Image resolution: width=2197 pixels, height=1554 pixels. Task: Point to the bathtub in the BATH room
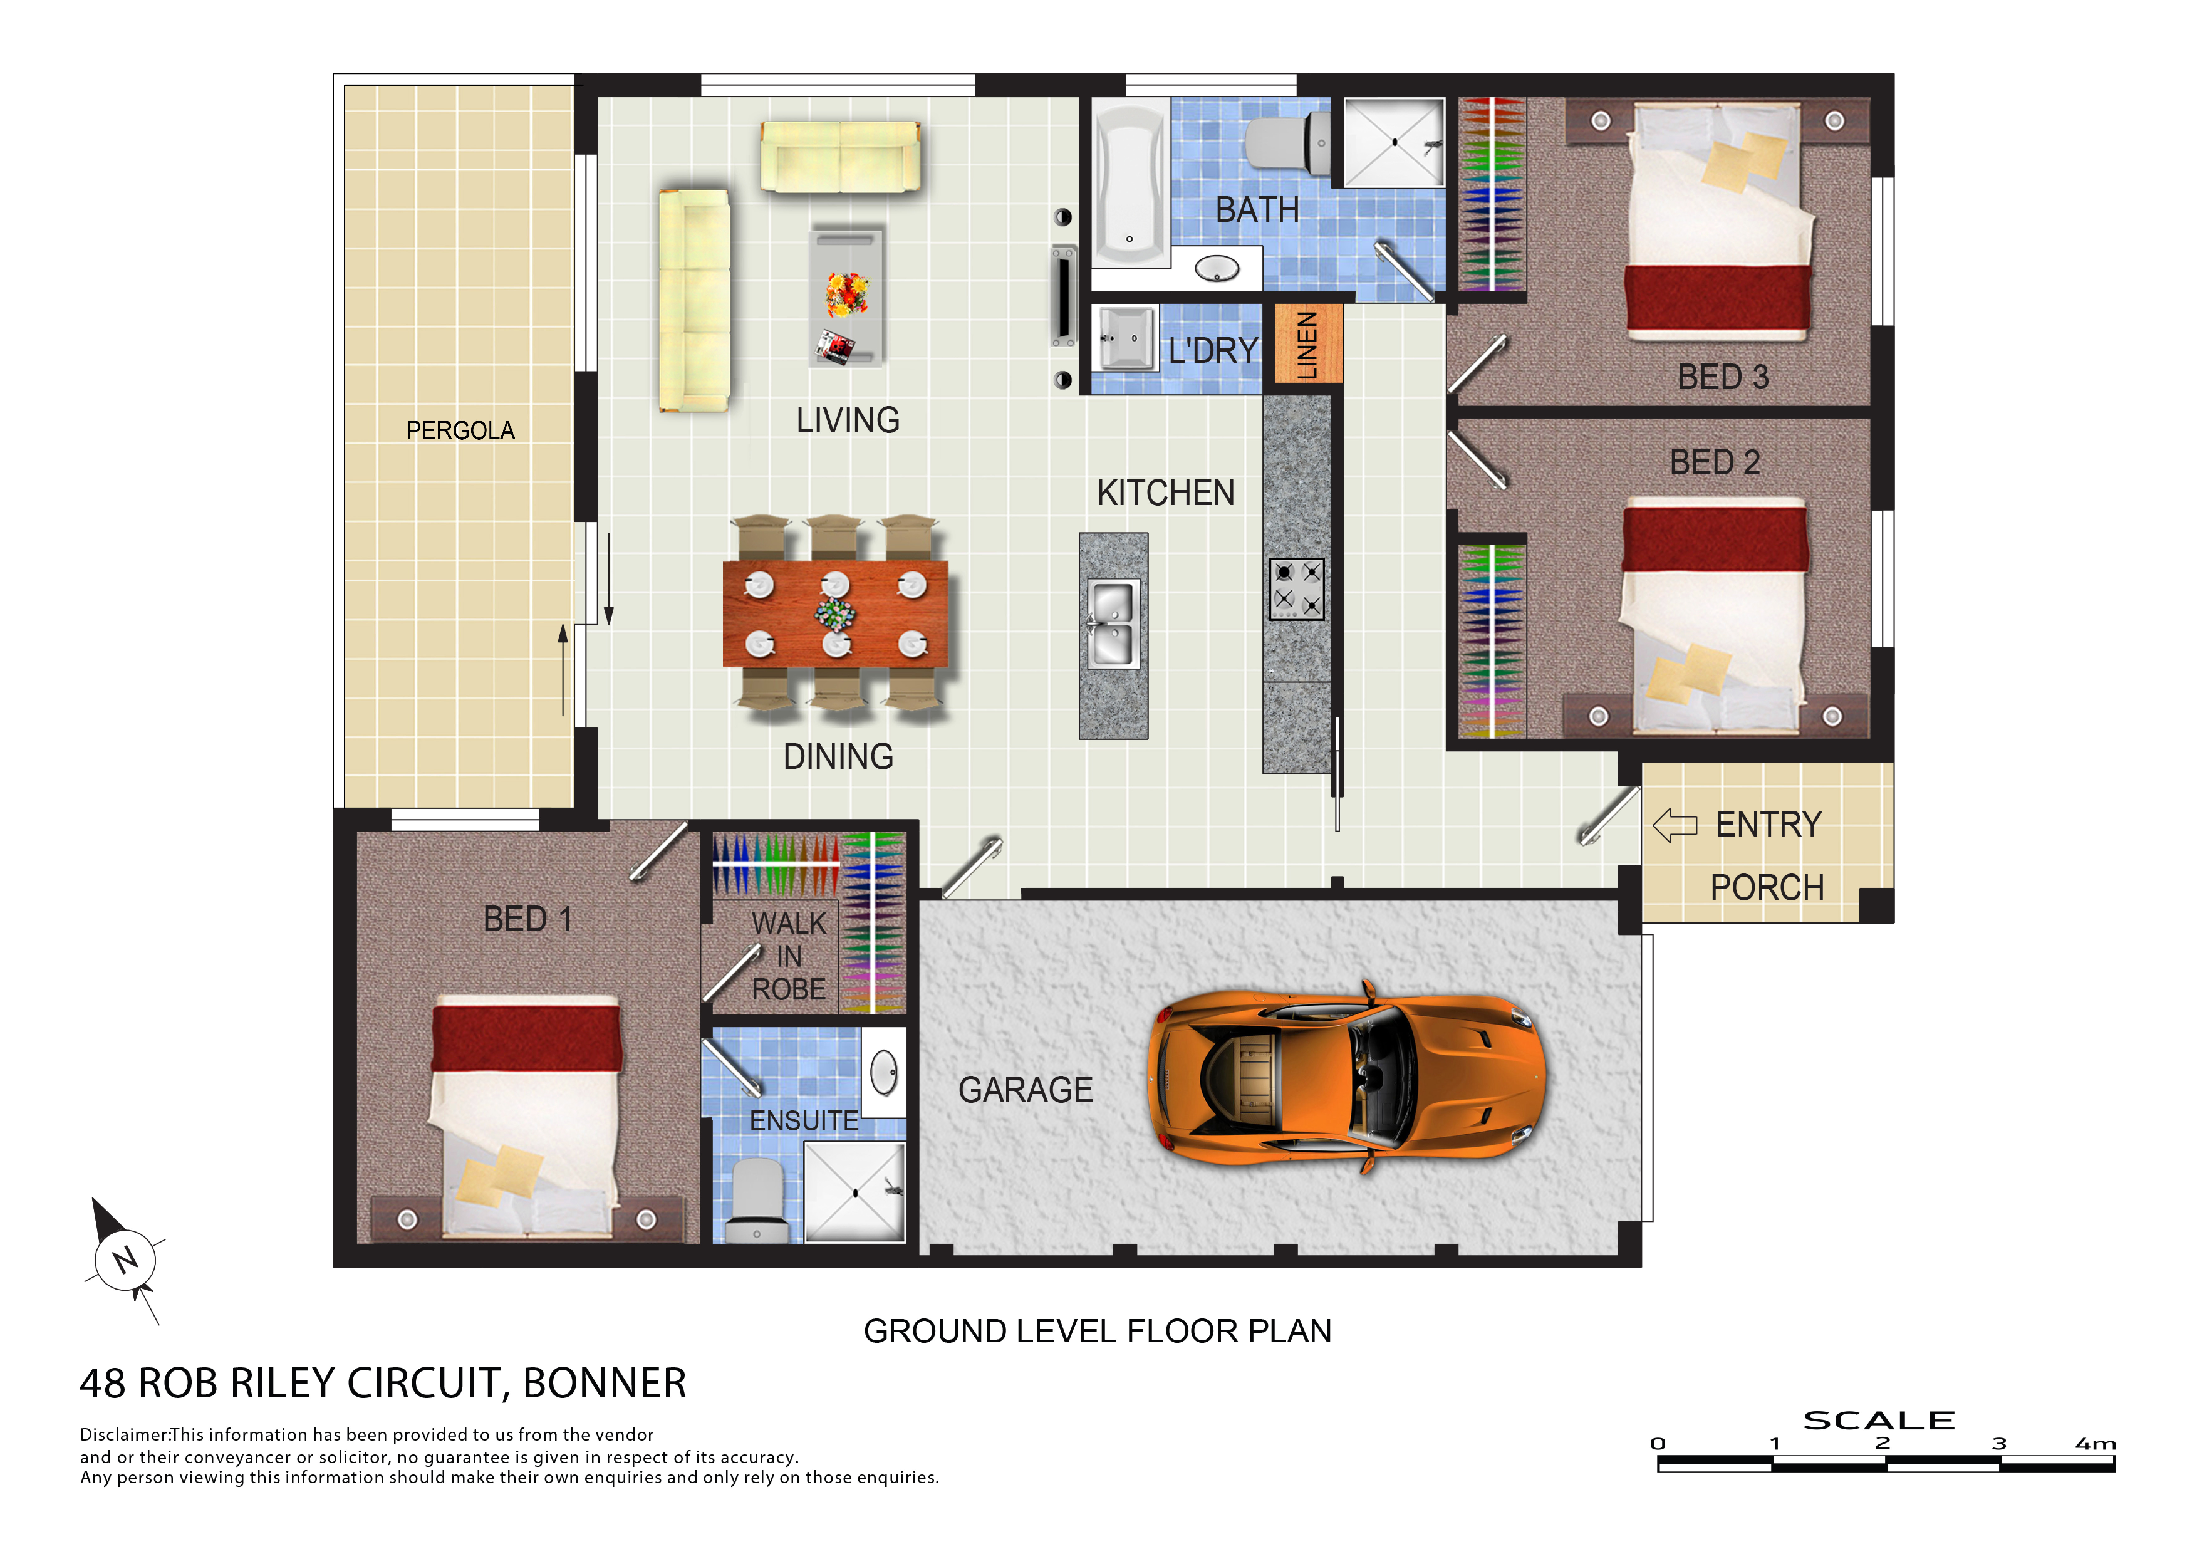1130,184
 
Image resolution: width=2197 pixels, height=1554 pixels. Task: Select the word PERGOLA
460,430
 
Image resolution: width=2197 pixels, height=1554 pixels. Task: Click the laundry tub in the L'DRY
1126,337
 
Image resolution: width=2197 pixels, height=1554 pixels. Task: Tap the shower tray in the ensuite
854,1192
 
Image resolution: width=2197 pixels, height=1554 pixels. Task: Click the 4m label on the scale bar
2096,1443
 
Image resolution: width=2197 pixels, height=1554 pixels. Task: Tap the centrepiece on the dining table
835,613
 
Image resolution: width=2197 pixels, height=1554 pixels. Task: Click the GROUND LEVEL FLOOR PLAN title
1098,1331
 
